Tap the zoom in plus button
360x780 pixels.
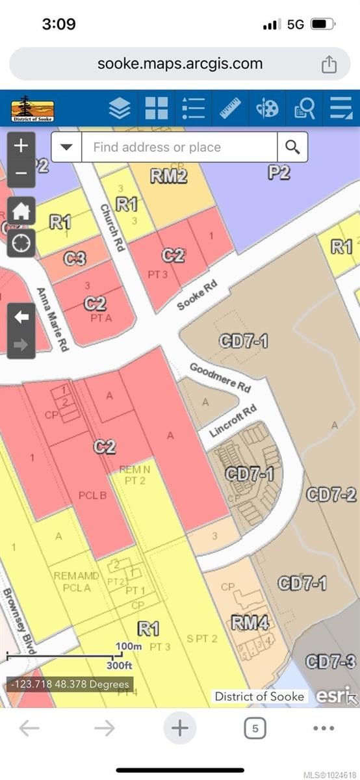point(21,145)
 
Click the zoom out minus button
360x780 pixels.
point(21,174)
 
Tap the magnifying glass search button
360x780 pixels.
point(292,147)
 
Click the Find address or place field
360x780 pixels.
point(179,147)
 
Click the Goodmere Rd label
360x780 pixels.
point(220,376)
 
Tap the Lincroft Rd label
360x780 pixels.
point(233,421)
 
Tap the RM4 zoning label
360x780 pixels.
point(250,623)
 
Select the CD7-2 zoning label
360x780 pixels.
point(331,494)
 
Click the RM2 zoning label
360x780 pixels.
point(168,175)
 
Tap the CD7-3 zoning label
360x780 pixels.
point(331,662)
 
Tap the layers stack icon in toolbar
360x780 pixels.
point(120,108)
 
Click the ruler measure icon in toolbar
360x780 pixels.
point(230,108)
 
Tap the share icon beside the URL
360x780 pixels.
point(329,64)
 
